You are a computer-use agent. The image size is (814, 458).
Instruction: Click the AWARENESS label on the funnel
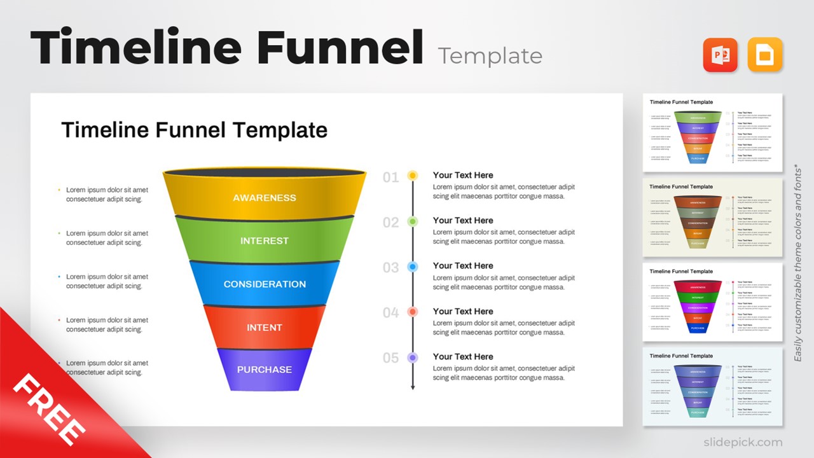264,198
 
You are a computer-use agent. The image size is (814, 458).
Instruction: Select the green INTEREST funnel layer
264,241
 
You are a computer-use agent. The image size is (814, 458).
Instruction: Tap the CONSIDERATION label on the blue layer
265,284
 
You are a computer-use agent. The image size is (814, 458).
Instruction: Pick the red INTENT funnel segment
264,328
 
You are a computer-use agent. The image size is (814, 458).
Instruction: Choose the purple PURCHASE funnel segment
265,370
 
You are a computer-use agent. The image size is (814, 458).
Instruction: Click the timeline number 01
390,177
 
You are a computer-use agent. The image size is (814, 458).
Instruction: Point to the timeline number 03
390,268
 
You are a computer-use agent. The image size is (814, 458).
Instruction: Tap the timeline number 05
390,358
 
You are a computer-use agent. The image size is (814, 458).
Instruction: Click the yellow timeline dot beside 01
412,176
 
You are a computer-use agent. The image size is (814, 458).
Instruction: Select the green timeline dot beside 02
412,221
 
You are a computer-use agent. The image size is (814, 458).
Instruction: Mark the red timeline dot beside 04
412,312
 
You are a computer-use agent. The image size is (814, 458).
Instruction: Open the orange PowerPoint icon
720,55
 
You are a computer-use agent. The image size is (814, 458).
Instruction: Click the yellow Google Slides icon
764,55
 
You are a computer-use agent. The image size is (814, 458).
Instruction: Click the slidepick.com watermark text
743,442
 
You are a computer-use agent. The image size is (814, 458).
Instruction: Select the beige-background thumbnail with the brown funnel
712,218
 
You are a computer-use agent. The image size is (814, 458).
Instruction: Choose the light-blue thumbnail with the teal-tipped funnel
712,386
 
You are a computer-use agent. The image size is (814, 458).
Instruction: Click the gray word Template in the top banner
490,56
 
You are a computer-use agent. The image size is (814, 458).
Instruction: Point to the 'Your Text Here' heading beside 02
463,221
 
